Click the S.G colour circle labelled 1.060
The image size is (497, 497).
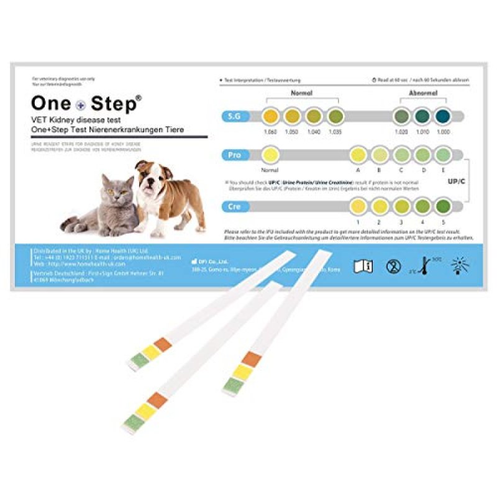click(270, 116)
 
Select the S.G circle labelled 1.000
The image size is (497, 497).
click(442, 116)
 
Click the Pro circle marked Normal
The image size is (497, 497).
click(270, 155)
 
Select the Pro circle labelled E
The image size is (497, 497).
click(442, 155)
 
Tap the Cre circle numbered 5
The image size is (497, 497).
click(442, 205)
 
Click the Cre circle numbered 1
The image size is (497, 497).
click(358, 205)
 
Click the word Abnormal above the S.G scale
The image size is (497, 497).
click(422, 93)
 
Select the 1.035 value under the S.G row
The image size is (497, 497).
click(335, 132)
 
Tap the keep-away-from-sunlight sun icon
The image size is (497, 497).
click(460, 266)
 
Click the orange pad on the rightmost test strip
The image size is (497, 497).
click(251, 359)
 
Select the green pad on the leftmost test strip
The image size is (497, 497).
click(137, 362)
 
